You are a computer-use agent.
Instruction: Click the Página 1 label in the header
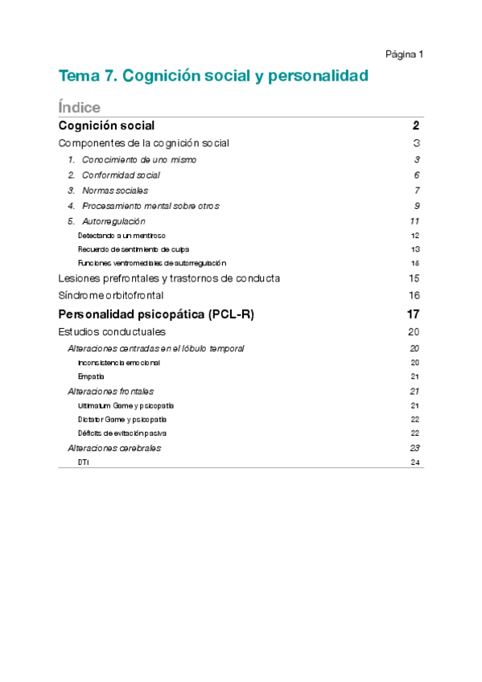click(x=404, y=54)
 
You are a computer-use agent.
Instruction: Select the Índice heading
click(x=79, y=107)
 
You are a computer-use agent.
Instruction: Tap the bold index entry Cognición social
click(x=106, y=125)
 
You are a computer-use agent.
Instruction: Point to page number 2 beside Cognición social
click(x=416, y=125)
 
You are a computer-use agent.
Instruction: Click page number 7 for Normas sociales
click(x=418, y=191)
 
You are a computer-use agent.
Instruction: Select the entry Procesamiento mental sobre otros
click(x=150, y=206)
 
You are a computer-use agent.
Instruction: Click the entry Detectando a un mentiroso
click(x=122, y=236)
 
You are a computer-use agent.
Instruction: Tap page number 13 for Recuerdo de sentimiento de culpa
click(x=415, y=249)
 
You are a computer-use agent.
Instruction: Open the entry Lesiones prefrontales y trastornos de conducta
click(x=169, y=278)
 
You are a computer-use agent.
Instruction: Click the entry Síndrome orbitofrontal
click(x=111, y=295)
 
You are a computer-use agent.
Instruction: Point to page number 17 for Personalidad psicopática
click(x=414, y=314)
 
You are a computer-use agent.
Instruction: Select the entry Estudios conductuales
click(x=112, y=331)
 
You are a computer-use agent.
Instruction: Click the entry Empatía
click(x=91, y=376)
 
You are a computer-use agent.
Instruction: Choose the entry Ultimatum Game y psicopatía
click(x=126, y=405)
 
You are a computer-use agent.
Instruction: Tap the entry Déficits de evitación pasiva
click(x=122, y=433)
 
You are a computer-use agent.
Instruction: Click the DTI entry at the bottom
click(x=84, y=462)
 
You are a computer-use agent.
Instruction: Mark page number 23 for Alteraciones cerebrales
click(x=415, y=448)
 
